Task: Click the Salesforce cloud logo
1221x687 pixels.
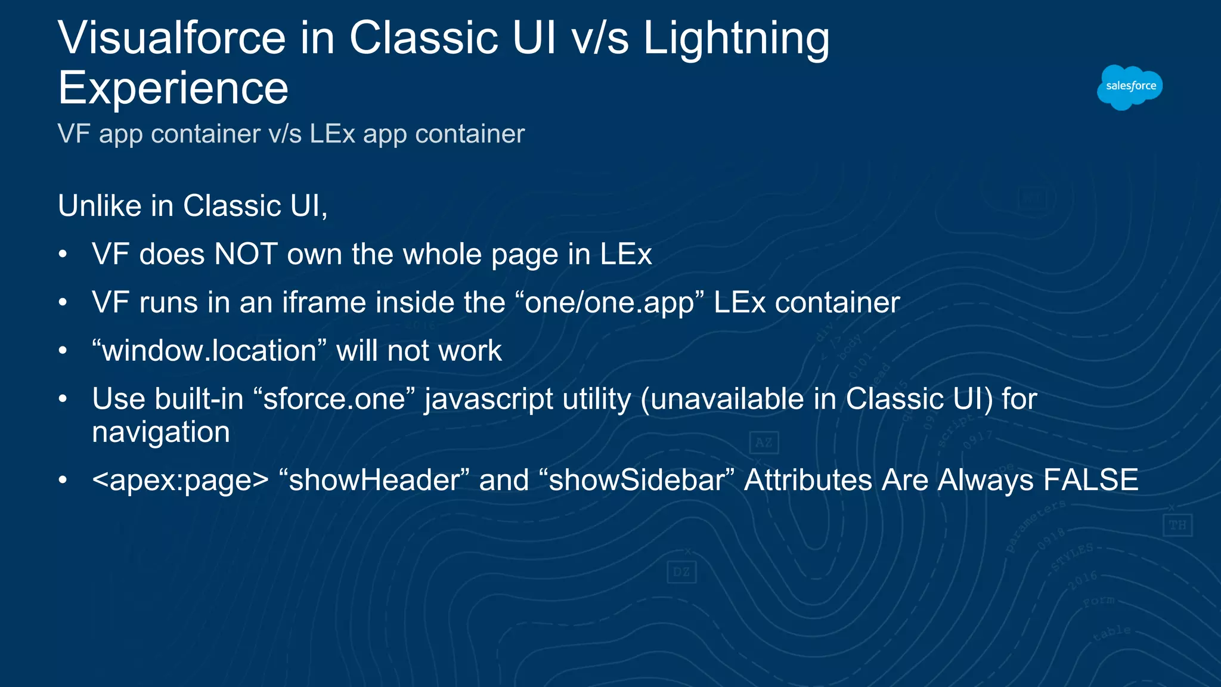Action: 1130,87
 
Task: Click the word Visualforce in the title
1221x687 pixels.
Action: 172,38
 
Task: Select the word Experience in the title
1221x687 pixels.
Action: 173,88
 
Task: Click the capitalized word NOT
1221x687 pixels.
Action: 246,254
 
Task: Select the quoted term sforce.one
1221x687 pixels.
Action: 334,399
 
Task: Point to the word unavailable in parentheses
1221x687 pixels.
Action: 727,399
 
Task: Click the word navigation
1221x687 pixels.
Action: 161,432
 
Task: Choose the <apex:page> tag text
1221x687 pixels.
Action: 181,481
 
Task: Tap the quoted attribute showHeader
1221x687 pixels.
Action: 374,481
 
